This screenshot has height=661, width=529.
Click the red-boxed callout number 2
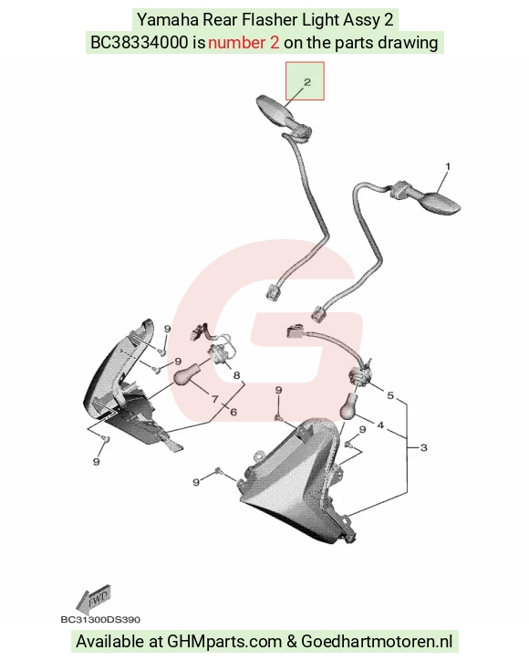click(307, 82)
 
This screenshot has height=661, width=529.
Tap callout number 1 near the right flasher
click(448, 166)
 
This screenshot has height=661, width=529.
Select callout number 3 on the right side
click(424, 447)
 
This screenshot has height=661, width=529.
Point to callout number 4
click(380, 425)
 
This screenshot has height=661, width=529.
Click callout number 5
click(390, 395)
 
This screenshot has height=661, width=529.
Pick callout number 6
click(233, 412)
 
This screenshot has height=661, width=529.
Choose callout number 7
click(215, 398)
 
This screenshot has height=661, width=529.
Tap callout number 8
click(236, 374)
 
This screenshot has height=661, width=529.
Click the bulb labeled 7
click(184, 375)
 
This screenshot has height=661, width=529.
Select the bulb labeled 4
click(349, 407)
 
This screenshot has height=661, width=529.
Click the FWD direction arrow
click(94, 599)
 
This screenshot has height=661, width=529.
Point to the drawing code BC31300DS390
click(100, 620)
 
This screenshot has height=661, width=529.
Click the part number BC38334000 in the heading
click(140, 43)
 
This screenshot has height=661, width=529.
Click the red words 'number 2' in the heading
click(244, 43)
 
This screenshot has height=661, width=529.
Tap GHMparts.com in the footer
click(224, 642)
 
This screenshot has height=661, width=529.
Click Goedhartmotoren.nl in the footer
click(377, 642)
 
